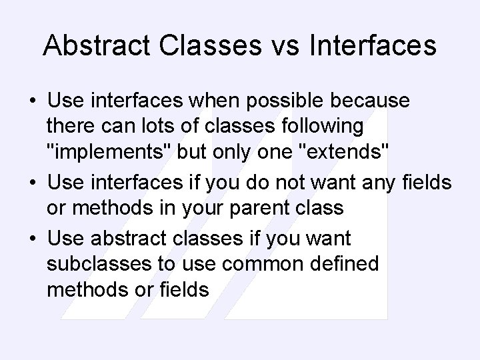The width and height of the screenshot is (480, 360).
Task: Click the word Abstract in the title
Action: tap(96, 45)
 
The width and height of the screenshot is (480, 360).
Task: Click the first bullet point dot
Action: tap(33, 102)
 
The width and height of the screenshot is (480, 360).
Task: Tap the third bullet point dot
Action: tap(33, 239)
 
